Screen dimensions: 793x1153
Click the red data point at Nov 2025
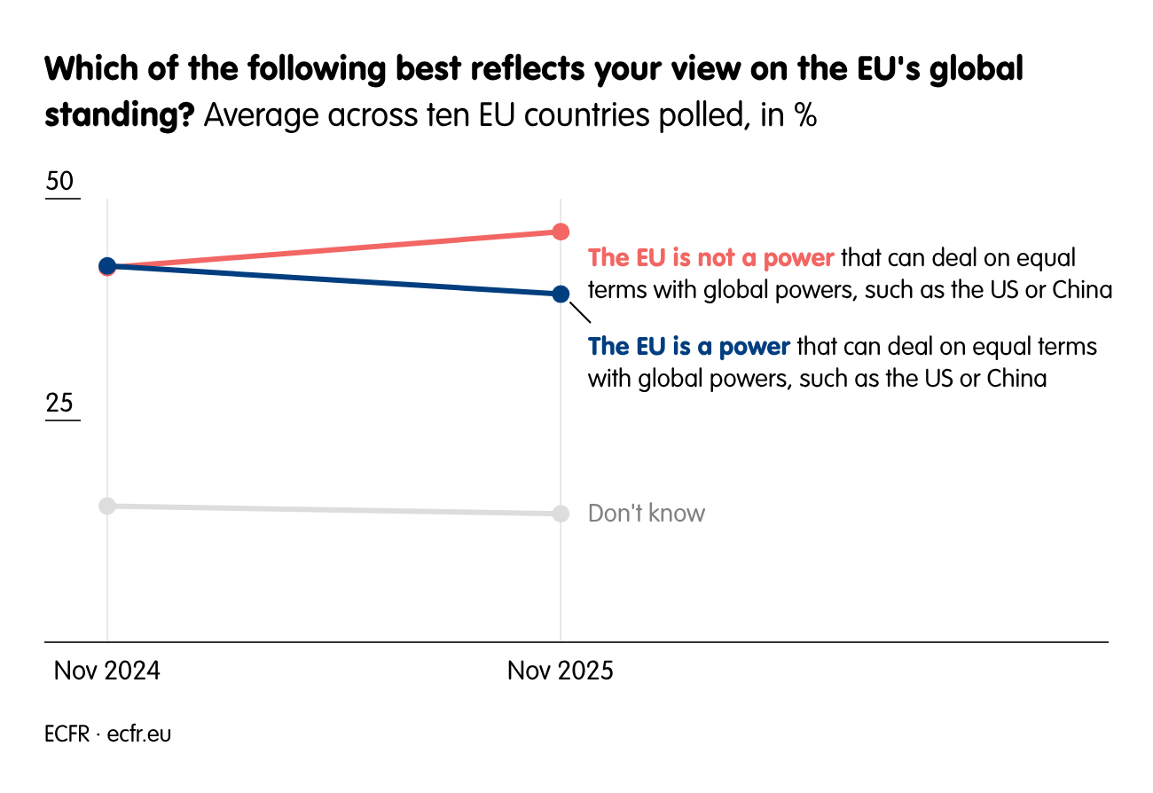pyautogui.click(x=561, y=232)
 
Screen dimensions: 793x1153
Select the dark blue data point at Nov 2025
pyautogui.click(x=561, y=294)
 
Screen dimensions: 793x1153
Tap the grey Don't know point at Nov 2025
pyautogui.click(x=561, y=514)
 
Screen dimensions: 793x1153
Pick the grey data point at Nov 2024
pyautogui.click(x=107, y=506)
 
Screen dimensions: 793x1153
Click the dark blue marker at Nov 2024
pyautogui.click(x=107, y=265)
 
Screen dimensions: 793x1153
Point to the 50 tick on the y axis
pyautogui.click(x=60, y=182)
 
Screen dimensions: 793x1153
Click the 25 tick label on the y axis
pyautogui.click(x=60, y=404)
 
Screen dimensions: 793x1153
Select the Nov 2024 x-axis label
pyautogui.click(x=107, y=671)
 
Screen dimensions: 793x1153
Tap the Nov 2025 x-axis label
pyautogui.click(x=561, y=671)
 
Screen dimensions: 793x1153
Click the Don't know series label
pyautogui.click(x=647, y=514)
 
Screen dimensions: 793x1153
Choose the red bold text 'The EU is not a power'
pyautogui.click(x=711, y=258)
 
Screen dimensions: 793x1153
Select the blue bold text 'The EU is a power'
pyautogui.click(x=689, y=346)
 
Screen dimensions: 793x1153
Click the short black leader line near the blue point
pyautogui.click(x=579, y=313)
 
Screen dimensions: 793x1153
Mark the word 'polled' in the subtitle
pyautogui.click(x=696, y=116)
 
